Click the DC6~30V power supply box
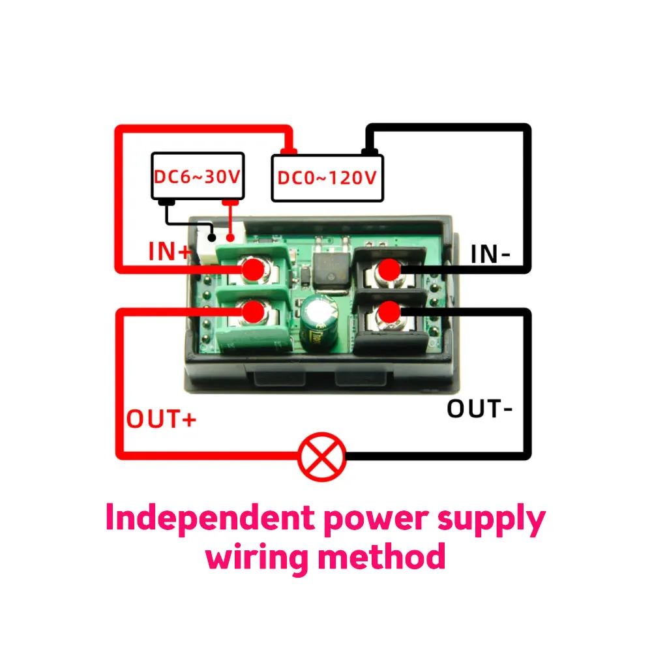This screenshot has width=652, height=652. (x=198, y=176)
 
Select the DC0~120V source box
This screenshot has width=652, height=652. (x=327, y=177)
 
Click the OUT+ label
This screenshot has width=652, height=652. (x=161, y=419)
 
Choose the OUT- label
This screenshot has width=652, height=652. (x=480, y=409)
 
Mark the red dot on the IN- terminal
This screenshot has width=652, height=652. (x=390, y=269)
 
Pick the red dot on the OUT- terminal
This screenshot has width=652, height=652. (x=390, y=312)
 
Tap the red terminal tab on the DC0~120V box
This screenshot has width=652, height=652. (x=288, y=151)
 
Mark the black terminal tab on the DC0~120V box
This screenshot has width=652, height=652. (x=370, y=151)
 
